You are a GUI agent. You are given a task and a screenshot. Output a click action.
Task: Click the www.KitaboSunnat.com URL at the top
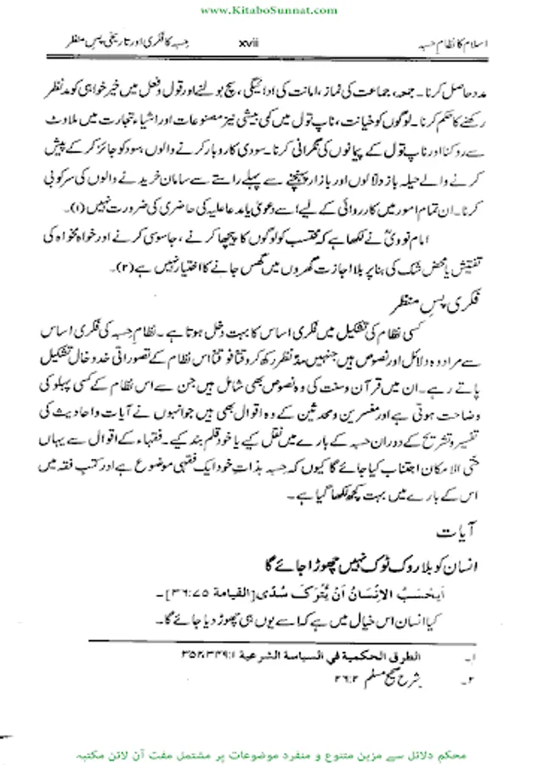pos(268,8)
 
